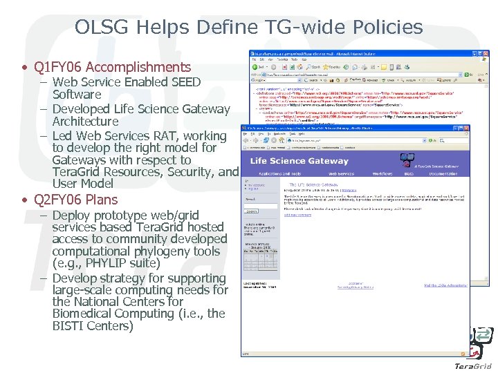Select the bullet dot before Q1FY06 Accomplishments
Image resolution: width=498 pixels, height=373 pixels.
[24, 68]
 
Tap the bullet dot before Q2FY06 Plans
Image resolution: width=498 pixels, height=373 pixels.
[24, 200]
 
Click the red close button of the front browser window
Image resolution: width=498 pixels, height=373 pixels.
[465, 128]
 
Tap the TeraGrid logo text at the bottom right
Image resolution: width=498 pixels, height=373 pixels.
[473, 365]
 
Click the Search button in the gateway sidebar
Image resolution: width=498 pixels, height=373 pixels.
[251, 211]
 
